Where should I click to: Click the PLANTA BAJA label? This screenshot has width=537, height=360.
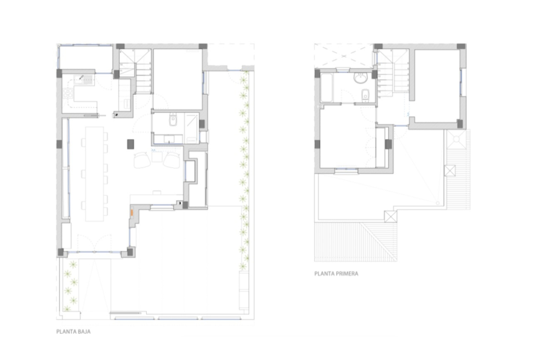coord(73,332)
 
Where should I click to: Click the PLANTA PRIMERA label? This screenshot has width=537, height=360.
coord(336,274)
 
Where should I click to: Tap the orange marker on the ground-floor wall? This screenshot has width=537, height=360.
coord(132,212)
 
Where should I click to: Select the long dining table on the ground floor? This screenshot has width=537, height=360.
coord(95,174)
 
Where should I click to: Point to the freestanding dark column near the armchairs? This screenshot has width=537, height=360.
coord(130,144)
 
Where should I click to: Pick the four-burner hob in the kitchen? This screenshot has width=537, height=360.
coord(67,93)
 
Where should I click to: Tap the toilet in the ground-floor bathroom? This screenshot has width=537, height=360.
coord(173,120)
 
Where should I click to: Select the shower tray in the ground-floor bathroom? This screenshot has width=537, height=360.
coord(192,128)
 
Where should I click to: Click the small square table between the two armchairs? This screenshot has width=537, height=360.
coord(157,157)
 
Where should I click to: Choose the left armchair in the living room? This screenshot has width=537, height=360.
coord(142,160)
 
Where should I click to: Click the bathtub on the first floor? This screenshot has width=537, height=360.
coord(326,89)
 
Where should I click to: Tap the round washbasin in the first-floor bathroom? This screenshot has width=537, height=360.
coord(360,78)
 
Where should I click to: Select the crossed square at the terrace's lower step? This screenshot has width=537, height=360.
coord(391,216)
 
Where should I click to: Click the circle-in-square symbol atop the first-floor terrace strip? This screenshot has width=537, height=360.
coord(457,139)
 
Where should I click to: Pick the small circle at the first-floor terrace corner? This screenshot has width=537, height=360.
coord(438,203)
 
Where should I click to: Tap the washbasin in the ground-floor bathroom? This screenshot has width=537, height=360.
coord(168,139)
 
